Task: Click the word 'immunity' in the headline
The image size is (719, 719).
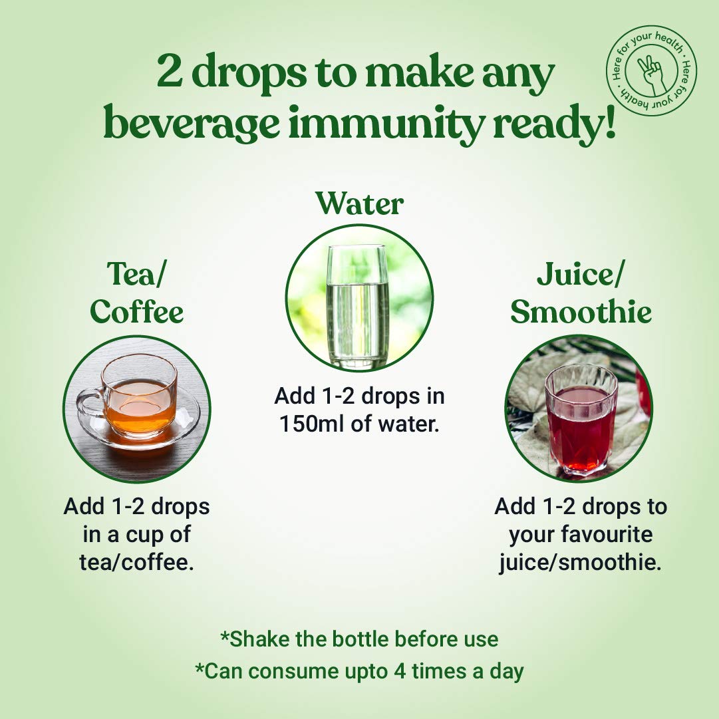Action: point(386,124)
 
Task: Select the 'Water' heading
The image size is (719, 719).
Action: point(359,203)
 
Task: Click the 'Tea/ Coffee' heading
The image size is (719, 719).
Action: point(136,293)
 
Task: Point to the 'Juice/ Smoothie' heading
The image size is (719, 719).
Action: point(581,293)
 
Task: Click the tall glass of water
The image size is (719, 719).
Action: point(358,307)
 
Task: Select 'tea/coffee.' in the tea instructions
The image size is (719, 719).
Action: point(136,562)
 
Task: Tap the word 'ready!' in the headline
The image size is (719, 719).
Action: point(554,124)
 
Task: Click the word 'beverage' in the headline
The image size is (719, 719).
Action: point(192,124)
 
